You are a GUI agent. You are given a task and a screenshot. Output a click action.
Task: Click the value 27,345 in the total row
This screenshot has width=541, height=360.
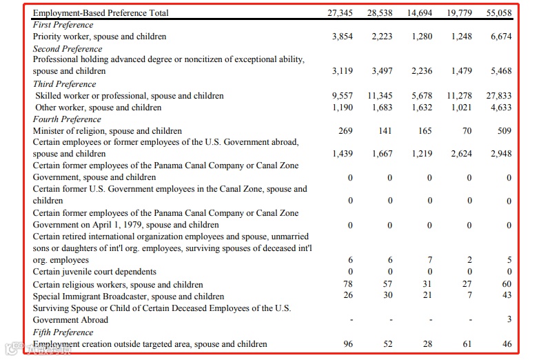tap(341, 13)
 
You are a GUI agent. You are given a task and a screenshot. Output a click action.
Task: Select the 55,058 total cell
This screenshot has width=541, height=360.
tap(499, 13)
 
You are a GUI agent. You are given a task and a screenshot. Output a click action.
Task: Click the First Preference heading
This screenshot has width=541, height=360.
tap(63, 25)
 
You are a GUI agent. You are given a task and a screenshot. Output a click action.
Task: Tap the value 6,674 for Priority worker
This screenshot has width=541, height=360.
tap(500, 37)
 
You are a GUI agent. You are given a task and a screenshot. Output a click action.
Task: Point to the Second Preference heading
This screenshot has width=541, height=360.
tap(68, 49)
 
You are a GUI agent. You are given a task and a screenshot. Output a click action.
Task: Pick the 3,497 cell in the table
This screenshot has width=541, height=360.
tap(381, 71)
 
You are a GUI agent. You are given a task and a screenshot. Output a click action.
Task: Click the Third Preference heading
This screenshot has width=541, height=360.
tap(63, 84)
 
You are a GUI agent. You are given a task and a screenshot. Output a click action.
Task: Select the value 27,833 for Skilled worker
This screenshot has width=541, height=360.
tap(498, 96)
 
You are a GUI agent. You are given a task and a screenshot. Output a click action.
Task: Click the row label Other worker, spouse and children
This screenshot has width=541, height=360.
tap(98, 108)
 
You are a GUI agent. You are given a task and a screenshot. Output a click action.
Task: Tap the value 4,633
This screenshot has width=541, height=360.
tap(500, 108)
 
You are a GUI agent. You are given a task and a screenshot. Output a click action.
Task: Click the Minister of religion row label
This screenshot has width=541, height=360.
tap(108, 131)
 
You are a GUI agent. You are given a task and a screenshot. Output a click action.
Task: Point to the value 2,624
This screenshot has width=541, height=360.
tap(461, 154)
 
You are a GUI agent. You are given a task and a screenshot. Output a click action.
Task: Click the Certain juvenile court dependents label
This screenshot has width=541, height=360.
tap(94, 272)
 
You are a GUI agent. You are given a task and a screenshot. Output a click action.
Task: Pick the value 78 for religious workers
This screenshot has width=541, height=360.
tap(348, 284)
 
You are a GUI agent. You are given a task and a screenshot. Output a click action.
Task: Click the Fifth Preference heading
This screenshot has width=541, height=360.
tap(63, 332)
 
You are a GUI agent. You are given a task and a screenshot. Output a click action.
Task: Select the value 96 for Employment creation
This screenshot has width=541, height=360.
tap(348, 343)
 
